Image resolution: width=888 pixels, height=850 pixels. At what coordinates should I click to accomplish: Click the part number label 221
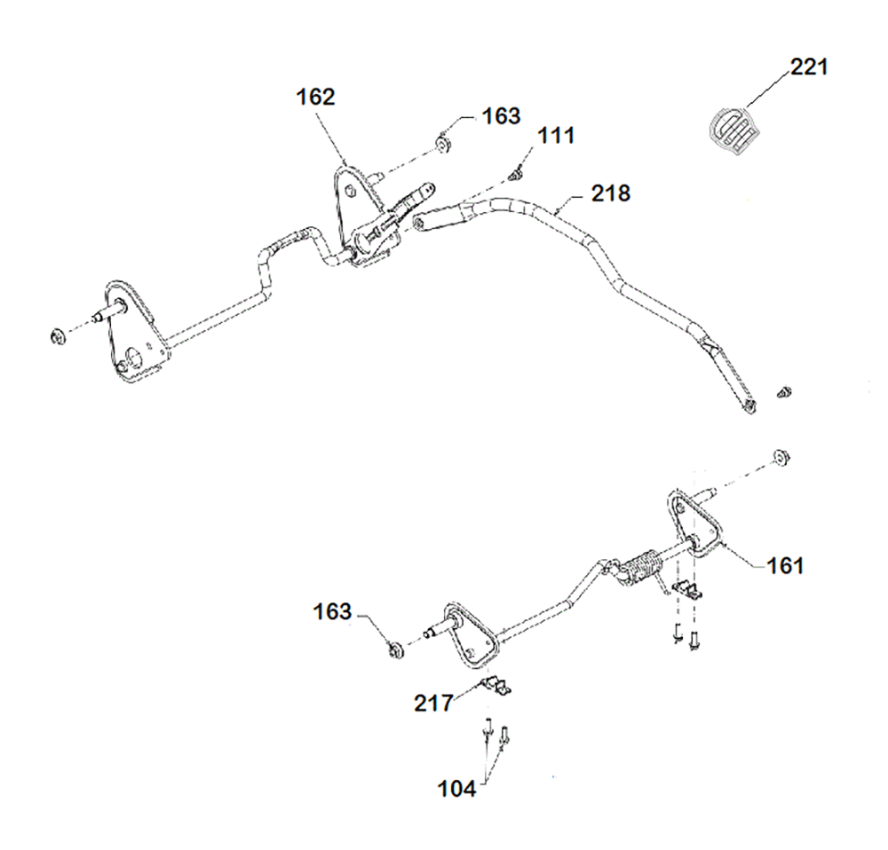point(809,67)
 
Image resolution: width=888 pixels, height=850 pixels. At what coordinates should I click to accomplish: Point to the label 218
point(610,193)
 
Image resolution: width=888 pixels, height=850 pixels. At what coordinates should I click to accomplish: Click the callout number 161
point(785,564)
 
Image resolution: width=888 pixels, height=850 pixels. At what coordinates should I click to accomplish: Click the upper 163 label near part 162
point(502,116)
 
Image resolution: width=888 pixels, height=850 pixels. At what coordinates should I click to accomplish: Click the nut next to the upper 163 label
point(440,143)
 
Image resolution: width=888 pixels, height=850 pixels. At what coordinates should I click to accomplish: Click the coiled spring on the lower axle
point(639,569)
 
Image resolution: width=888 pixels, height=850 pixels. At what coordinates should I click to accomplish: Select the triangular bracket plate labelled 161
point(691,525)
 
